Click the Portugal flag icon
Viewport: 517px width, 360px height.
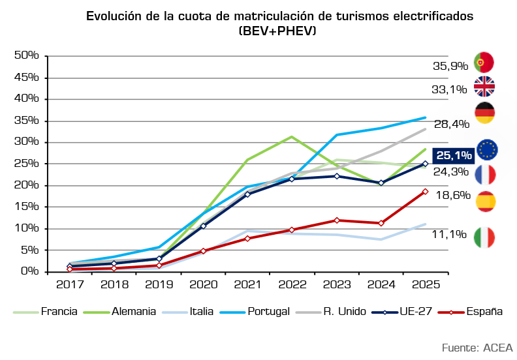click(x=484, y=62)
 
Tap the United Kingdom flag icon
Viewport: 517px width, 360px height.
click(x=484, y=86)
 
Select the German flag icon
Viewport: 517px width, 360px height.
click(x=484, y=113)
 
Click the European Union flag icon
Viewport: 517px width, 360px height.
click(x=487, y=149)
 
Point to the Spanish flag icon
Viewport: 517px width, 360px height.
click(x=485, y=201)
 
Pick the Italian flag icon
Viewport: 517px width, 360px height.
click(x=484, y=237)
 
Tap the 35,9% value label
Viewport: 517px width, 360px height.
click(x=450, y=66)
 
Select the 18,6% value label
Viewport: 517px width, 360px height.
click(x=453, y=195)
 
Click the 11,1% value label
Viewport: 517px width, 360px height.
click(x=450, y=234)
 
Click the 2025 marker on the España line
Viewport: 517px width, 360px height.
click(x=425, y=192)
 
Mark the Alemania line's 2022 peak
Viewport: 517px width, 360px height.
click(x=291, y=137)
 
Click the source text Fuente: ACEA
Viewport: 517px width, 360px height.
click(x=477, y=347)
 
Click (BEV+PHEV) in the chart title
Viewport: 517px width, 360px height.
click(x=277, y=30)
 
